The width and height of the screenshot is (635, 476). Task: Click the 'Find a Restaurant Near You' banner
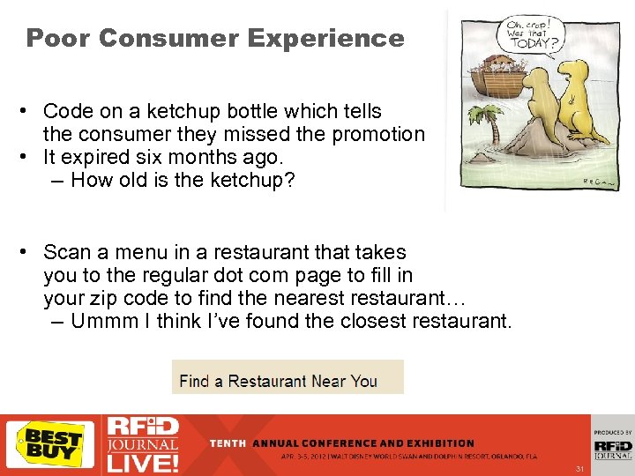point(279,381)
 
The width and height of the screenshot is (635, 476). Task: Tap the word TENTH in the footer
point(228,443)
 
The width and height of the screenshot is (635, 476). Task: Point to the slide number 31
point(579,468)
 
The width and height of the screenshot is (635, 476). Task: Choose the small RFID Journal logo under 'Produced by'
point(612,449)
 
